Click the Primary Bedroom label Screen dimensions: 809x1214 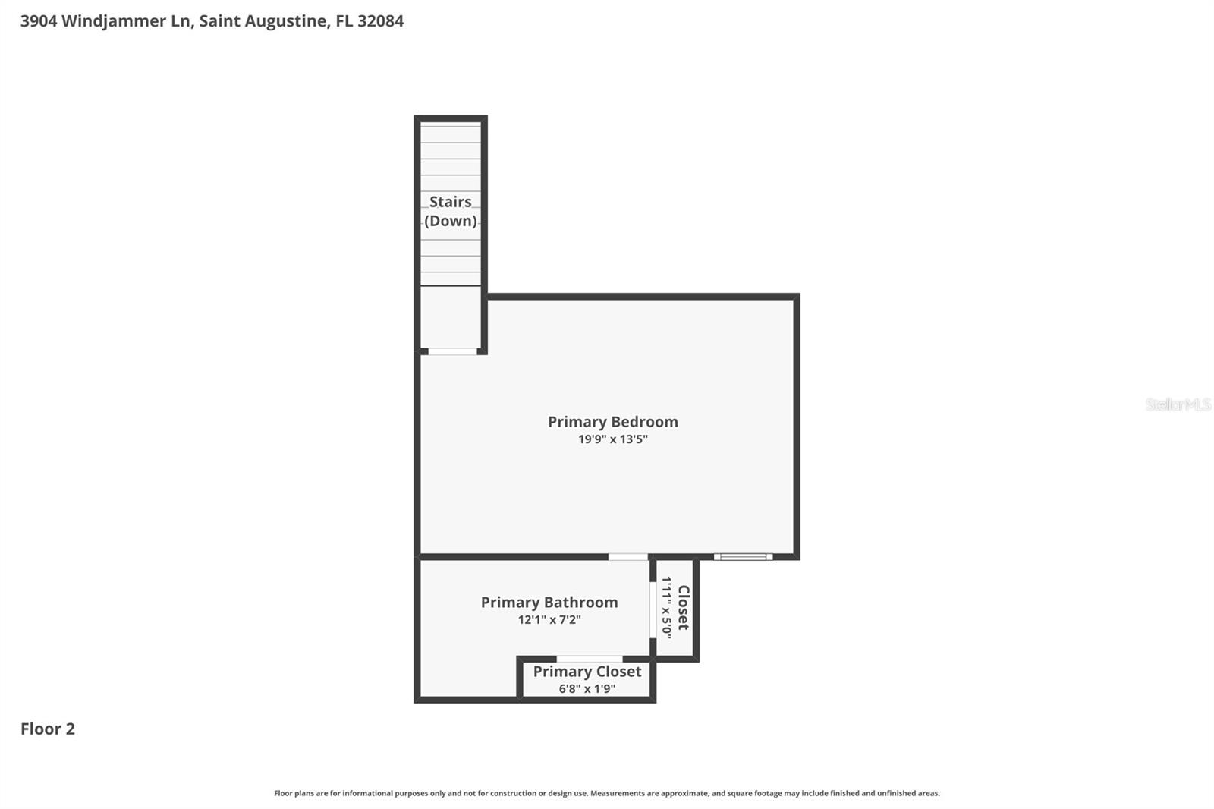tap(612, 421)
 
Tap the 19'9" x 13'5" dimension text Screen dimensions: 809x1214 tap(612, 439)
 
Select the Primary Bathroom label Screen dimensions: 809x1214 tap(549, 602)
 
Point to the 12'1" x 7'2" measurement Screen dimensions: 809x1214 tap(549, 620)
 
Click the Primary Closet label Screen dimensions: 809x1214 tap(587, 672)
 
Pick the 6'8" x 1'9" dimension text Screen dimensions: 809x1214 tap(587, 689)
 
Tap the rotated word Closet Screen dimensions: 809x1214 tap(683, 607)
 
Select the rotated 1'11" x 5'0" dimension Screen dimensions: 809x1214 tap(666, 607)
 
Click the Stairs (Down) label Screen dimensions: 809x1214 tap(451, 211)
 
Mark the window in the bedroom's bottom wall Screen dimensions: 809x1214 tap(743, 557)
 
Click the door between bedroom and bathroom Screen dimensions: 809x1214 tap(628, 557)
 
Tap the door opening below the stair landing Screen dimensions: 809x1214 tap(452, 351)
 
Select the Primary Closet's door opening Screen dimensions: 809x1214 tap(590, 659)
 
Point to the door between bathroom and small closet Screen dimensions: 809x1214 tap(653, 610)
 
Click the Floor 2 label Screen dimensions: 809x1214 tap(48, 729)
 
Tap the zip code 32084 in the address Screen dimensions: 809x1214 tap(380, 21)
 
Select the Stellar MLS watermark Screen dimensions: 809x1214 tap(1178, 404)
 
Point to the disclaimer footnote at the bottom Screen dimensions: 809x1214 tap(606, 793)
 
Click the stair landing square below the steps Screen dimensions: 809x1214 tap(451, 316)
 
